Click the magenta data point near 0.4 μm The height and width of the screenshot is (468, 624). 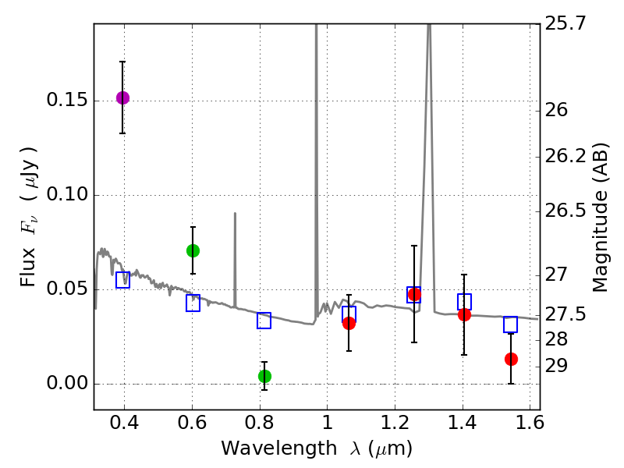(122, 97)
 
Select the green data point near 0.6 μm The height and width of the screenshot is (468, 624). (193, 250)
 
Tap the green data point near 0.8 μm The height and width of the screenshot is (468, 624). (264, 376)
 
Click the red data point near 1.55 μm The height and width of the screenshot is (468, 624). (511, 359)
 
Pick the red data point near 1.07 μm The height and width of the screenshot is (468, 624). (349, 323)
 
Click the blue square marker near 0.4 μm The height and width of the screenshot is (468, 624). (122, 280)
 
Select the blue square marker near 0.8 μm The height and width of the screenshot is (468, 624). (264, 321)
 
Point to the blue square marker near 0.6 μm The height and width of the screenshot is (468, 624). (193, 303)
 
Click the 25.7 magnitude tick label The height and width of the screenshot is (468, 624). (565, 24)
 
